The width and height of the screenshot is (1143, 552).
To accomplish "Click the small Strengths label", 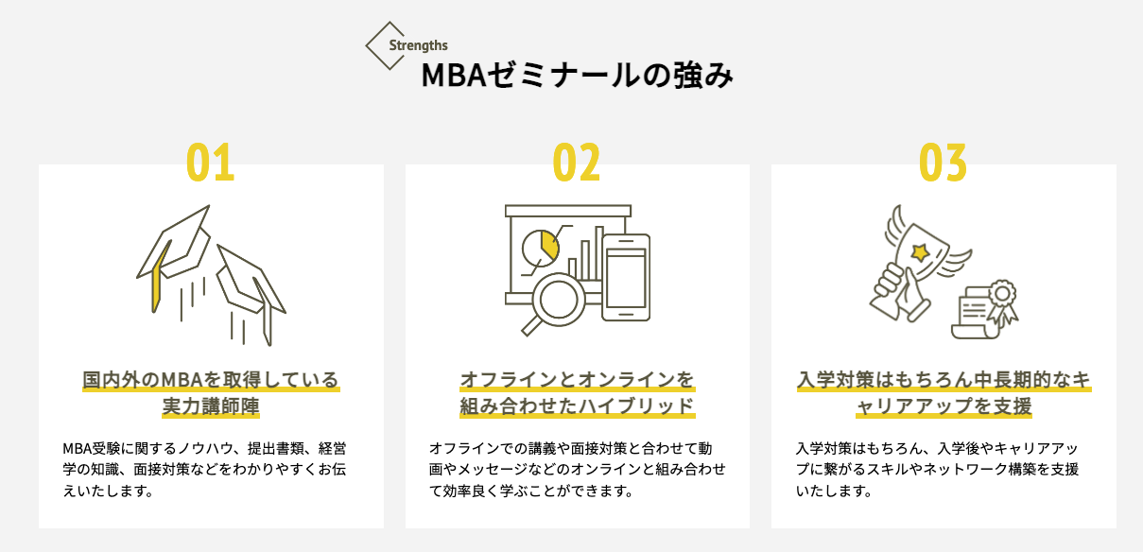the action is [x=418, y=44].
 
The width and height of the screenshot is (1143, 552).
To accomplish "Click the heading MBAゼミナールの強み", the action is [x=577, y=77].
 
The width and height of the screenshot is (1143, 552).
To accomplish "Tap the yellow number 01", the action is [x=210, y=163].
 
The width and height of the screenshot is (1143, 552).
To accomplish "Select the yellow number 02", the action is [x=577, y=163].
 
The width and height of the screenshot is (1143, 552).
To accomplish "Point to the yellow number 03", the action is [x=943, y=163].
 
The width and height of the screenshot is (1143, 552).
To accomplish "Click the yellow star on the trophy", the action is [x=918, y=250].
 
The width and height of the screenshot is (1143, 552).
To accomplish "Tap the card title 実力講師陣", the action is [x=210, y=407].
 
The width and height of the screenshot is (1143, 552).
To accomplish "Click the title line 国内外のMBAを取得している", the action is [x=210, y=381].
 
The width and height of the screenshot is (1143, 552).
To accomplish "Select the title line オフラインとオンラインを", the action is [x=577, y=381].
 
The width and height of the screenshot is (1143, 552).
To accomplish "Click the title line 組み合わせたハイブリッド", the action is [x=577, y=407].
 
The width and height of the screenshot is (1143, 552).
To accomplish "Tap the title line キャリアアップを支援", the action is [x=943, y=407].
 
